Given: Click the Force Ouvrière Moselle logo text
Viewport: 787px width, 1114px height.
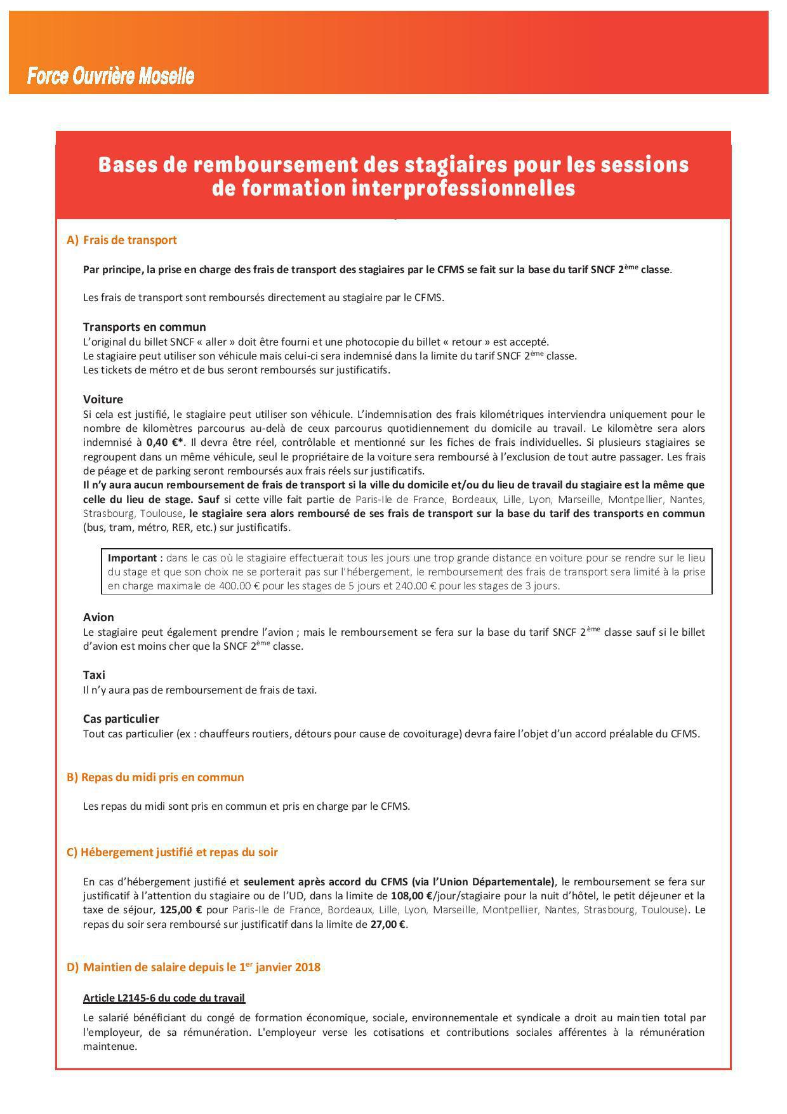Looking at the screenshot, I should pos(110,77).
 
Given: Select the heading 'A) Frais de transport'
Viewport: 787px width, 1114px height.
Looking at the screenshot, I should pos(122,240).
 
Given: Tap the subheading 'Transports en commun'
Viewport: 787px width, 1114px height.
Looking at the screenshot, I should pos(144,327).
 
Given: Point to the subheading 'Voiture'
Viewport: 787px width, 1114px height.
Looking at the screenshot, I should pos(103,399).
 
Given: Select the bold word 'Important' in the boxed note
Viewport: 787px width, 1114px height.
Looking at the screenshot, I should pos(132,558).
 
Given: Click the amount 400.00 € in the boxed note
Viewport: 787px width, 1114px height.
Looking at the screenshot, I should pos(239,586).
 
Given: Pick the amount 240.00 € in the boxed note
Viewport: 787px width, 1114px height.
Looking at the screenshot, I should pos(416,586).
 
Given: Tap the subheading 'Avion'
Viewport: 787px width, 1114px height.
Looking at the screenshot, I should pos(98,617).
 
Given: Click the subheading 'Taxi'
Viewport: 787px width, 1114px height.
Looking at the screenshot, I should pos(94,675).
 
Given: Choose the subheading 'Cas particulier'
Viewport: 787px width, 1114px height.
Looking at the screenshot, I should pos(121,719).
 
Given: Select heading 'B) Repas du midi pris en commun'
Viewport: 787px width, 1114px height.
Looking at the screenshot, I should pos(155,777).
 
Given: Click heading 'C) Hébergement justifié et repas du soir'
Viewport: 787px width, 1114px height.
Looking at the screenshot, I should pos(172,852).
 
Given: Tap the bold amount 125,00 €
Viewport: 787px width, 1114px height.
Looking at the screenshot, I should pos(181,910).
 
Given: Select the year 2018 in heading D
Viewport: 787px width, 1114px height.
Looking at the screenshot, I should pos(307,967).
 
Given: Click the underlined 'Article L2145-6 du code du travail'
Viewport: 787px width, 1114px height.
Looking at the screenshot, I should pos(164,998).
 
